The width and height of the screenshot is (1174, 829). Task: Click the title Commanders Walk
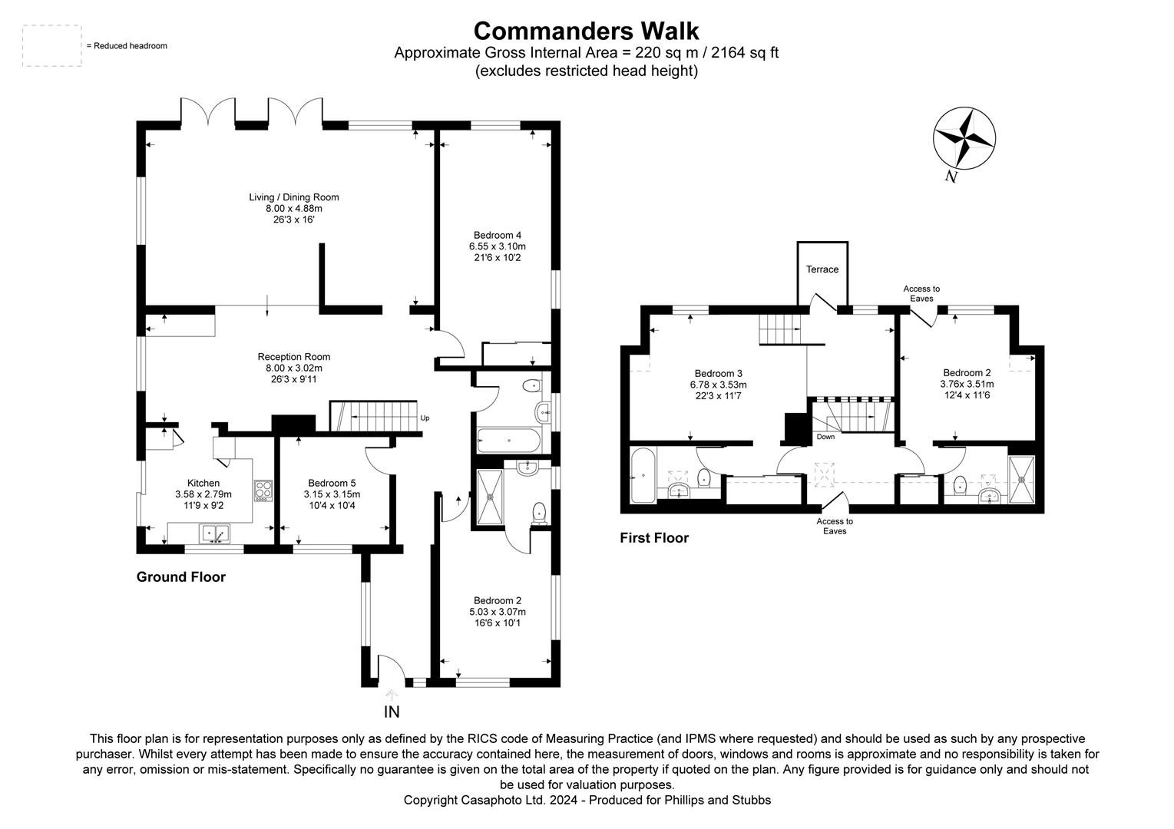click(586, 31)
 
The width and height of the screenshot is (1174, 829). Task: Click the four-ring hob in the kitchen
click(263, 490)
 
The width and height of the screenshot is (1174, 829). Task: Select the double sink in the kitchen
click(214, 532)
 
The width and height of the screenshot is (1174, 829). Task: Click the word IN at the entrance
click(392, 712)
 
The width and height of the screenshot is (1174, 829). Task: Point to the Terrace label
click(822, 269)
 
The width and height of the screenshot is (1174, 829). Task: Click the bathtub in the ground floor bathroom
click(509, 441)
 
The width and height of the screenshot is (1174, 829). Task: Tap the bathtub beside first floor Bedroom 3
click(642, 477)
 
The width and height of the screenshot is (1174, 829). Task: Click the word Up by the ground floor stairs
click(425, 418)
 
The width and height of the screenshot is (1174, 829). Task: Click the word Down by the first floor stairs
click(825, 437)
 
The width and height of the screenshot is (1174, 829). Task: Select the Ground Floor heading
click(180, 577)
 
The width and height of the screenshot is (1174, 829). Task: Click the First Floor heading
click(653, 538)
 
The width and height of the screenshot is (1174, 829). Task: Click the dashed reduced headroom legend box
click(52, 46)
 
